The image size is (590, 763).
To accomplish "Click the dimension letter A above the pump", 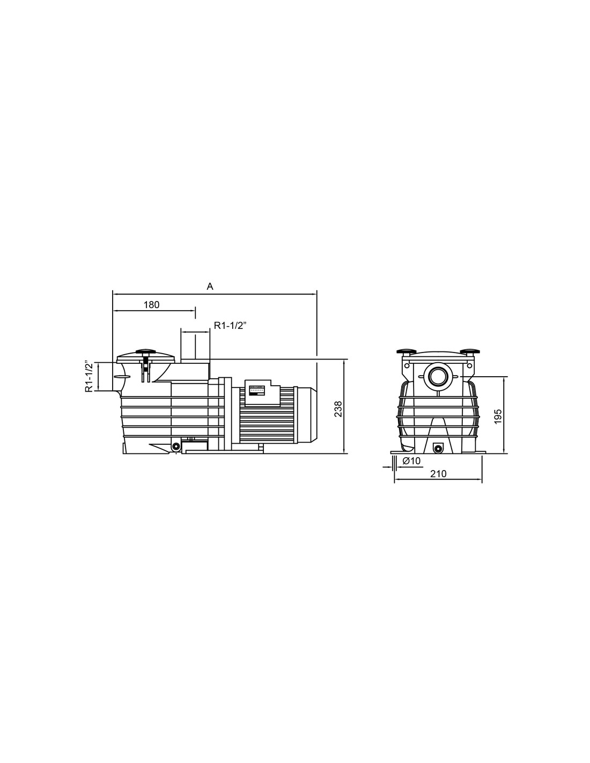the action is click(x=210, y=287).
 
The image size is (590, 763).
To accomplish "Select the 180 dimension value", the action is click(x=152, y=305).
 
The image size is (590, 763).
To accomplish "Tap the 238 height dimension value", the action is click(x=338, y=409).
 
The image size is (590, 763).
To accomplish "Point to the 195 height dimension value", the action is click(x=498, y=416).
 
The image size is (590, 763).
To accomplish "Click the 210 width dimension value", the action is click(x=438, y=474).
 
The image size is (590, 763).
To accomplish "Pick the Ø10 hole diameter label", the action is click(x=411, y=461).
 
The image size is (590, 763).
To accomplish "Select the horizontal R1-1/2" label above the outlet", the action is click(x=231, y=326).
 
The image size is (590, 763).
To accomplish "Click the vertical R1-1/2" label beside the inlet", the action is click(x=89, y=376).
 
